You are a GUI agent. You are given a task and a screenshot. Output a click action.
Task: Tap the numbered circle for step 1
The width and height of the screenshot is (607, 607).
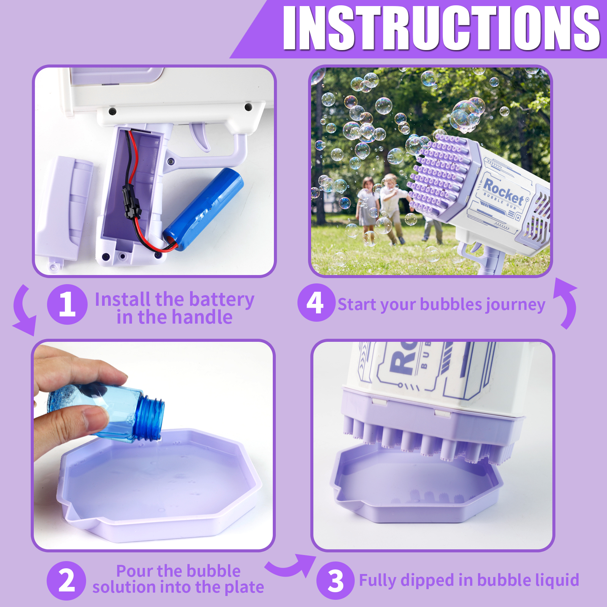pos(67,304)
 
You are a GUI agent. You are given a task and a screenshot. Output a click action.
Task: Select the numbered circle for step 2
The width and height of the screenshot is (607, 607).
pos(66,580)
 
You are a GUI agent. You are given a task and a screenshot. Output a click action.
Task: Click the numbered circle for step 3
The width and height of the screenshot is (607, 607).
pos(335,580)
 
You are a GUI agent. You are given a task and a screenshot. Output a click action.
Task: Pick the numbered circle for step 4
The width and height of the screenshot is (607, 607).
pos(316,303)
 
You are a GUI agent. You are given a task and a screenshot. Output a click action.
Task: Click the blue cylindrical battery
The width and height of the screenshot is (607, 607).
pos(203,209)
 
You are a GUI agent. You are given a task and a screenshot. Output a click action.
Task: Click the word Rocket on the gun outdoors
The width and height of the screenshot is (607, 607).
pos(504,191)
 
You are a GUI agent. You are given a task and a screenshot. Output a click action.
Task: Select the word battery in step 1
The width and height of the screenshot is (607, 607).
pos(222,300)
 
